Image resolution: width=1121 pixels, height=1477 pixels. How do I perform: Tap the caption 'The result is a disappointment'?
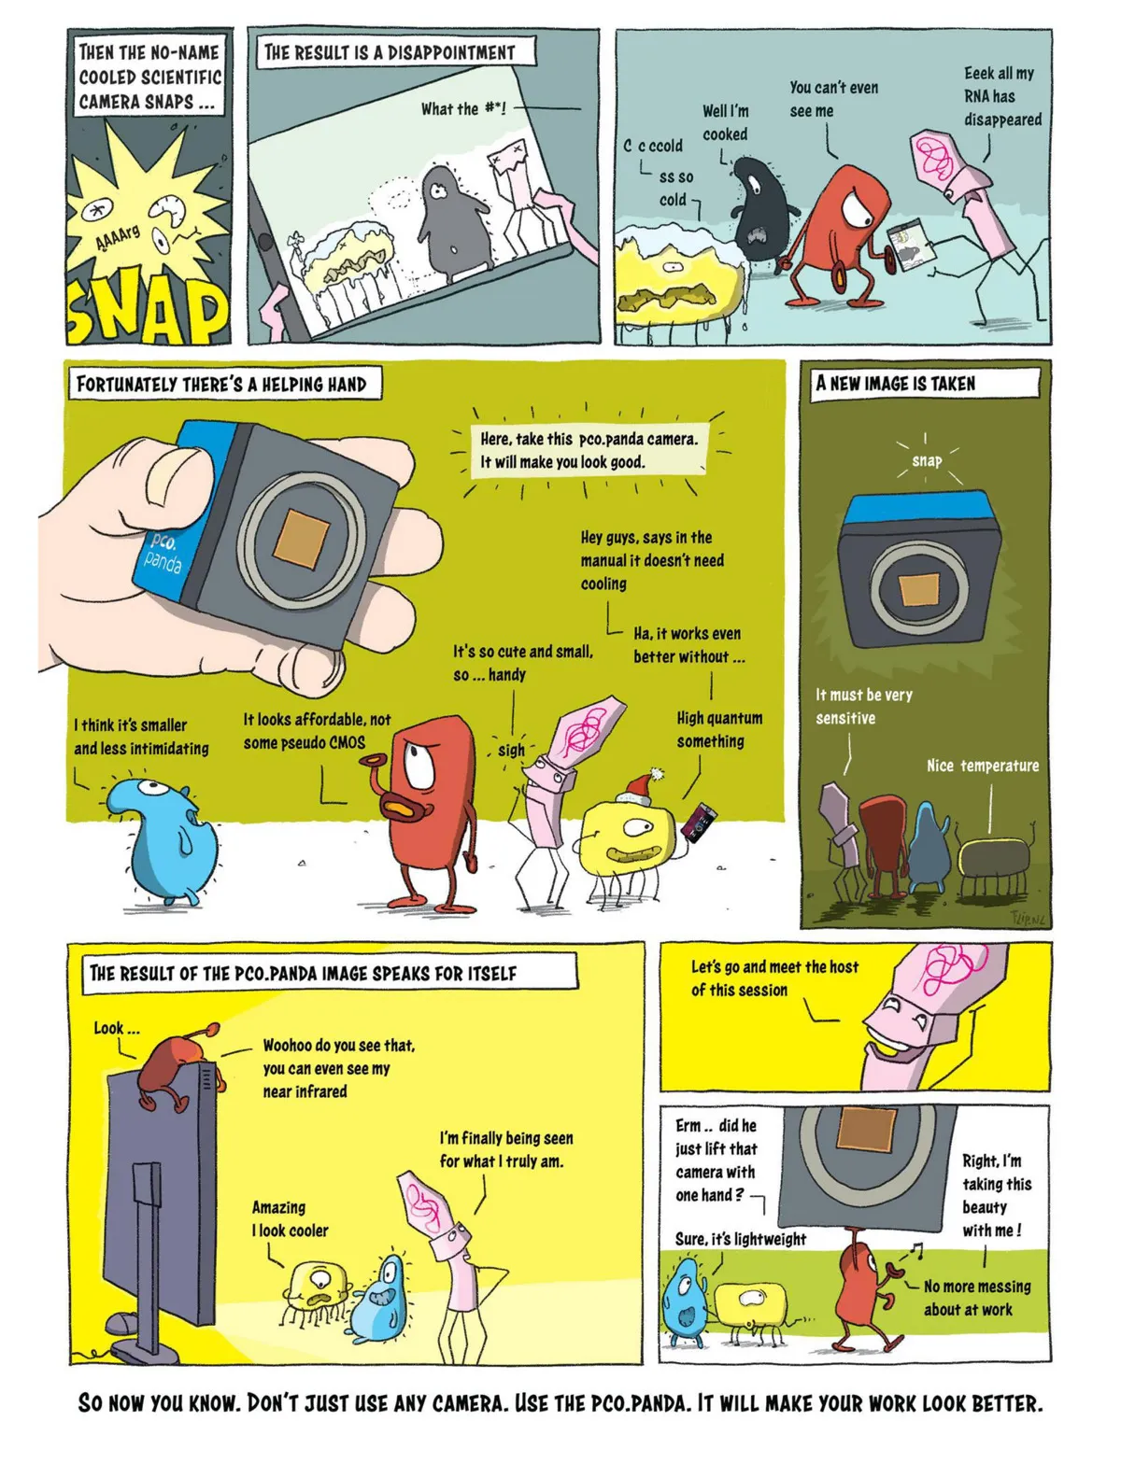[x=390, y=52]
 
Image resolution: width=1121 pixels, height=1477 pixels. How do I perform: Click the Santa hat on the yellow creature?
[x=640, y=785]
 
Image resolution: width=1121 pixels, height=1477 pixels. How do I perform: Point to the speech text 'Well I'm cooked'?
[x=725, y=121]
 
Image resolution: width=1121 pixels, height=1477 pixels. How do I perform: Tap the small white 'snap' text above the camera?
[x=927, y=461]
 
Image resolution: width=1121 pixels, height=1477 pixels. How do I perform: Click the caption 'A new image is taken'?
[x=896, y=384]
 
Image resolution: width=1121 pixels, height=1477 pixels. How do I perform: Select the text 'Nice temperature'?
[x=983, y=765]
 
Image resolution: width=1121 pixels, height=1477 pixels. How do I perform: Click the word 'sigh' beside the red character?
[x=511, y=750]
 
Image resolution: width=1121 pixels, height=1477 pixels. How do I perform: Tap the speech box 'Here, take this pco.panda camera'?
[x=589, y=450]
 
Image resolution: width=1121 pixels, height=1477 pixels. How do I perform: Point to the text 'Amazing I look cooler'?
[x=290, y=1218]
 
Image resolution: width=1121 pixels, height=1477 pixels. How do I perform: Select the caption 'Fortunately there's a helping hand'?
[x=221, y=385]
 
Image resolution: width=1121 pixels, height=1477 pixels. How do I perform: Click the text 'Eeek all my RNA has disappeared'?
[x=1001, y=95]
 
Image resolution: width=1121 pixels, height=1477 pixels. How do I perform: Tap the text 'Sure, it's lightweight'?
[x=740, y=1239]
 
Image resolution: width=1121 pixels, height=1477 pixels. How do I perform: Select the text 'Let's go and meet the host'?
[x=774, y=978]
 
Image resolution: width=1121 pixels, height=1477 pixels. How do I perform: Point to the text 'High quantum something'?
[x=719, y=729]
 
